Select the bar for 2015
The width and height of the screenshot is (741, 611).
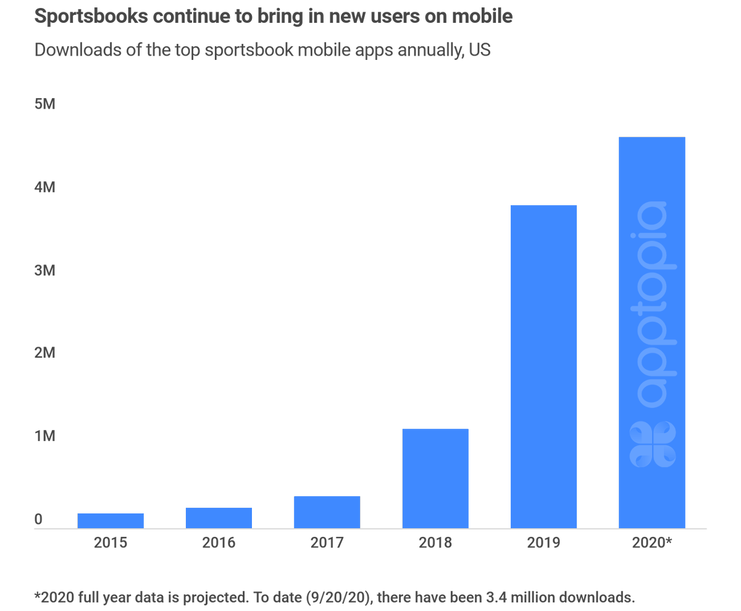[x=111, y=521]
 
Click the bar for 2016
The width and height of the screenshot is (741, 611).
[x=219, y=518]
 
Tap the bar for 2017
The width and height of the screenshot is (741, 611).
[x=327, y=512]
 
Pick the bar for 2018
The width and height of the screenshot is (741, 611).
[x=435, y=478]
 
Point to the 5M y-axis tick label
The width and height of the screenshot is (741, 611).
[x=45, y=104]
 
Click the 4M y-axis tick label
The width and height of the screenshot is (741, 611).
[x=45, y=187]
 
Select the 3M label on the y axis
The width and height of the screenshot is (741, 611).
[x=45, y=270]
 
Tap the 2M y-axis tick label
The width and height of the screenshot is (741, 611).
[x=45, y=353]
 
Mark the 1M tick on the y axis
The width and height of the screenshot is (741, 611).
[x=45, y=436]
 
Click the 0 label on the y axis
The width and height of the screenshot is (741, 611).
[x=38, y=520]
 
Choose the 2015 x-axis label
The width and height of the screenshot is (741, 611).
[x=111, y=543]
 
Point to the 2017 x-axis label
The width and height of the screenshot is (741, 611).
[x=327, y=543]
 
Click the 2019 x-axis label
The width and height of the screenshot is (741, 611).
[x=543, y=543]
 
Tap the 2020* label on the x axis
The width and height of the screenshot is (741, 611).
[x=651, y=543]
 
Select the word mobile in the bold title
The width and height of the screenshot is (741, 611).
[x=484, y=17]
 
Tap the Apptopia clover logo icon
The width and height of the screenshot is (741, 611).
[x=652, y=444]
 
